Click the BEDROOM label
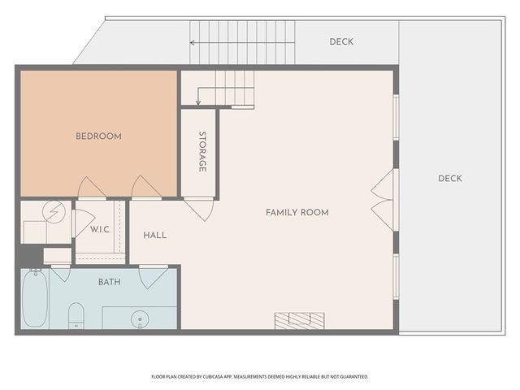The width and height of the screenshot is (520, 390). (98, 136)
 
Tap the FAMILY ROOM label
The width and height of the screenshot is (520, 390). (297, 213)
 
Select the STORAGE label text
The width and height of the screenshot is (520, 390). (202, 152)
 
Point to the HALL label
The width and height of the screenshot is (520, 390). (155, 236)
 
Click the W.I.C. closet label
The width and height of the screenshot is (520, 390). (101, 229)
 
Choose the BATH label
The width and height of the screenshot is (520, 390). (110, 282)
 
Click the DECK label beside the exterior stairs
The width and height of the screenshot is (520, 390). (341, 41)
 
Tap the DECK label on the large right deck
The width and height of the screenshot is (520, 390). (450, 179)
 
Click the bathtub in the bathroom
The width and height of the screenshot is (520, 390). (35, 298)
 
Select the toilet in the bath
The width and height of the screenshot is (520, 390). (76, 315)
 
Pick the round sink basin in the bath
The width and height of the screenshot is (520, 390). (140, 319)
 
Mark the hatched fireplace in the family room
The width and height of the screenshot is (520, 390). (300, 321)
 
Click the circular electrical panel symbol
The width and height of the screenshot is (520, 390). (54, 212)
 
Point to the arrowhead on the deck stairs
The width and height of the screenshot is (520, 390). (192, 42)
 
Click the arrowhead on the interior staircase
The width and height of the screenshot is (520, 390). (198, 102)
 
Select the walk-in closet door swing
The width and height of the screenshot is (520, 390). (81, 223)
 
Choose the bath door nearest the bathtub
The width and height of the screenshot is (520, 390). (61, 274)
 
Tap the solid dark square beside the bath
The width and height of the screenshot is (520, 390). (31, 255)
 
